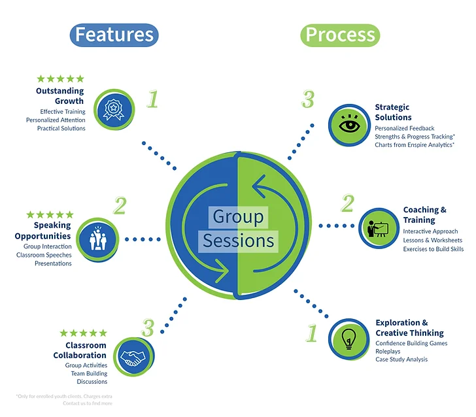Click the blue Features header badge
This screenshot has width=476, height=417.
[x=114, y=34]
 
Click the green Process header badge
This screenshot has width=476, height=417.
[x=340, y=34]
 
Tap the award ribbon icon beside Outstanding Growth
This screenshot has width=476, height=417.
[x=114, y=109]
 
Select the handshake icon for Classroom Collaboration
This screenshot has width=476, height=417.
[x=133, y=358]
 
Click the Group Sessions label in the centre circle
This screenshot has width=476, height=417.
[x=238, y=229]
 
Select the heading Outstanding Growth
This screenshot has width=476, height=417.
[x=60, y=96]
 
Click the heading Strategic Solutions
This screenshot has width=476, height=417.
[x=394, y=112]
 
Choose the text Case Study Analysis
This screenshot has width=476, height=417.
[x=401, y=359]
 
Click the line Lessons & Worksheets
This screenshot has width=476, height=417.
[x=432, y=241]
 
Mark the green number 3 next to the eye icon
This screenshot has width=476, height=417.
[x=308, y=99]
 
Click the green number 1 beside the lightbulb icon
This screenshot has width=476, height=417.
[x=312, y=333]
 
